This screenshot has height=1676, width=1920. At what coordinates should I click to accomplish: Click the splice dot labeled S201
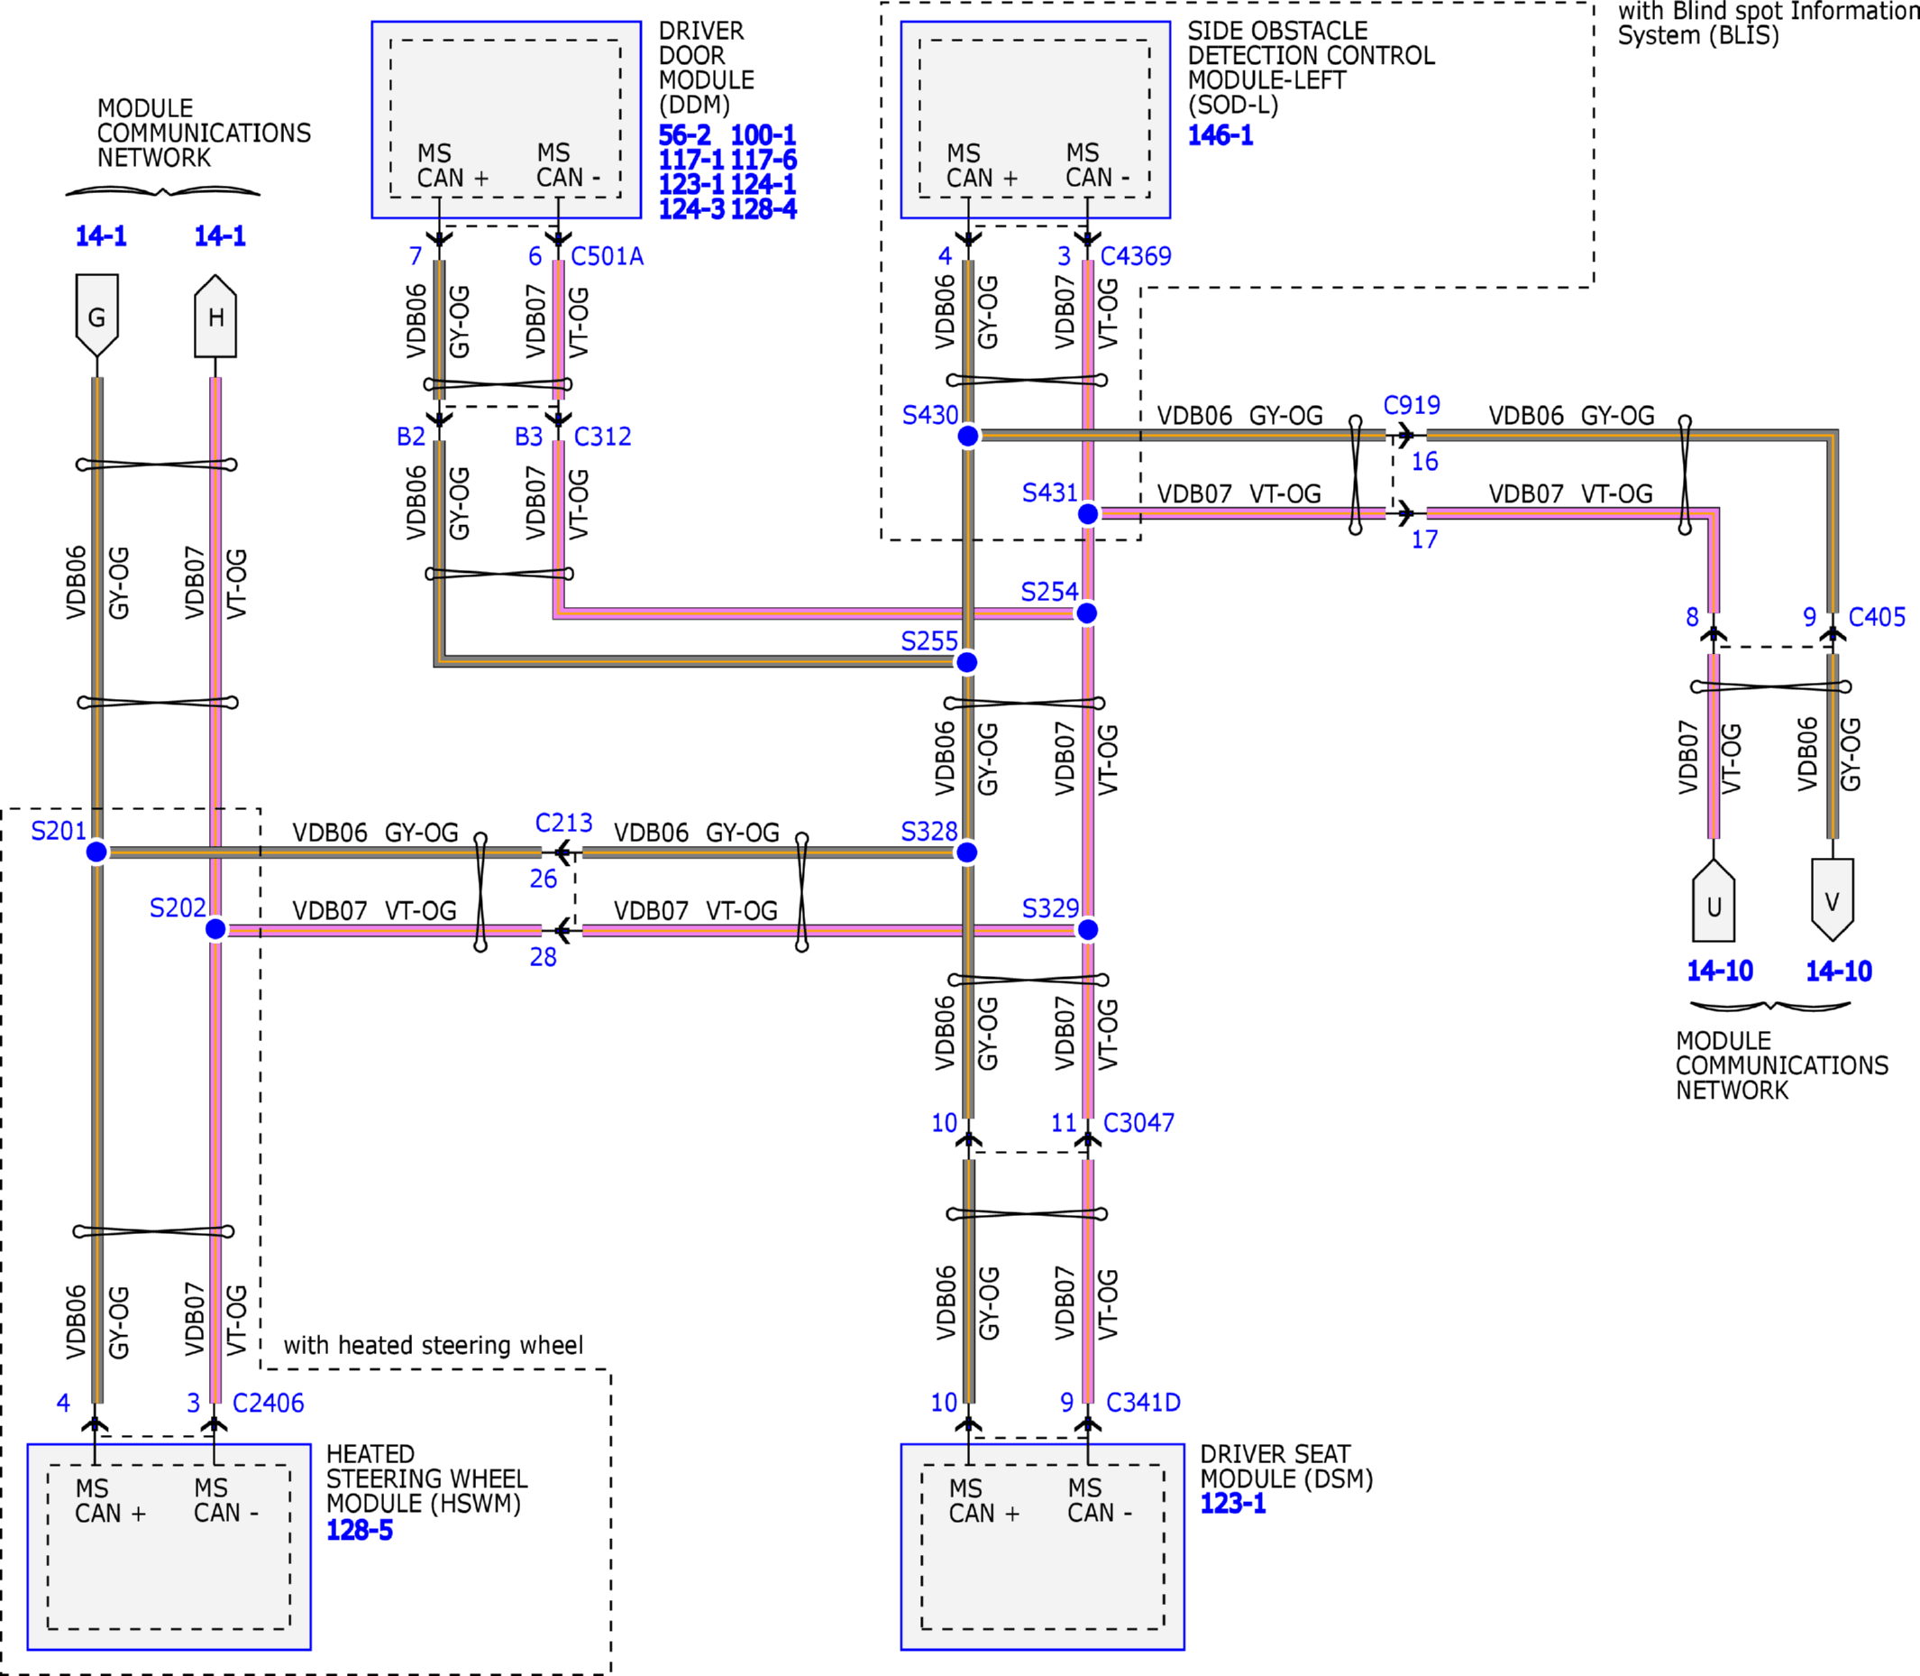pos(96,852)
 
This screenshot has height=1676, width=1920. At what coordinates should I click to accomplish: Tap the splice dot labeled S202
pos(215,929)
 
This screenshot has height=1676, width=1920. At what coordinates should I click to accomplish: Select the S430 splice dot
pos(968,436)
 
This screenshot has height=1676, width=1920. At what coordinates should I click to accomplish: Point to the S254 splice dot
pos(1086,612)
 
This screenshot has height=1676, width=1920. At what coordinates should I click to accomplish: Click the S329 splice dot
pos(1088,930)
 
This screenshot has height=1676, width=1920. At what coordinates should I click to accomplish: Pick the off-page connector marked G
pos(97,315)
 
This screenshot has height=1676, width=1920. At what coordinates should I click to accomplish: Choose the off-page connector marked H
pos(215,315)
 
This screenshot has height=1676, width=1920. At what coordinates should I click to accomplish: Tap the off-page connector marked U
pos(1714,900)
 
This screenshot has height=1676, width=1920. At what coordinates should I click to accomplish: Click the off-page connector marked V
pos(1833,900)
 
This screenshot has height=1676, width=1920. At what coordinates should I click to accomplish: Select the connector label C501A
pos(608,256)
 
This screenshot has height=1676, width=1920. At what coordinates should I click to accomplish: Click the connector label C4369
pos(1136,256)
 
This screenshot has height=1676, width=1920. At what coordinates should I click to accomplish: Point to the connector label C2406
pos(269,1403)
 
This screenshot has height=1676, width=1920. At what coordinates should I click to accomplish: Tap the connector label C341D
pos(1143,1402)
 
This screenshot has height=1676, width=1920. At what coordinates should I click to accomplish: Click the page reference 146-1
pos(1221,135)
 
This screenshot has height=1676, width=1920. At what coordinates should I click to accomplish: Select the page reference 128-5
pos(360,1530)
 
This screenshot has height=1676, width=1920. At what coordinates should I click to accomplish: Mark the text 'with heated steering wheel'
pos(434,1345)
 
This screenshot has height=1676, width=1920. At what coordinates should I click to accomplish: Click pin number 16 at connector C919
pos(1424,461)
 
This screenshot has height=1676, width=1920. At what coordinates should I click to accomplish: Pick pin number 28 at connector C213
pos(543,957)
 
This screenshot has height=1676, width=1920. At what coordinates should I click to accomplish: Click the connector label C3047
pos(1138,1122)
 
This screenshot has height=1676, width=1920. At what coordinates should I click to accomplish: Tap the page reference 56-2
pos(685,135)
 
